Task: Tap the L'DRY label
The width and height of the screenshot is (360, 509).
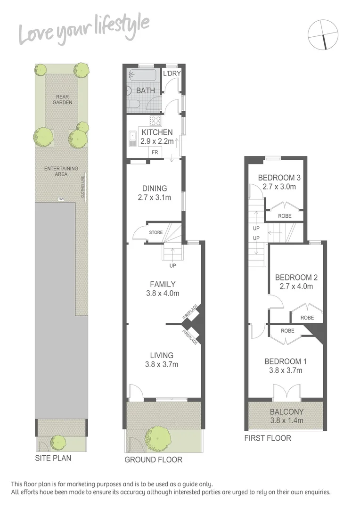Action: (171, 74)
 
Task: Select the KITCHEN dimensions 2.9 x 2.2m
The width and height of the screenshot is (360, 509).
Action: (157, 141)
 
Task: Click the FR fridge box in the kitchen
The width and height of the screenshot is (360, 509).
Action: (154, 152)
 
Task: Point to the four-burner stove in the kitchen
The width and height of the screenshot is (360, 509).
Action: (156, 120)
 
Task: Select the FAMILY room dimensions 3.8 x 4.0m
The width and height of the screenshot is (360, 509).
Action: (163, 293)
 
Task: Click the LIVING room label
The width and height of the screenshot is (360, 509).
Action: (162, 355)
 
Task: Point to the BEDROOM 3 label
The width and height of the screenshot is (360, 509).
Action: (279, 178)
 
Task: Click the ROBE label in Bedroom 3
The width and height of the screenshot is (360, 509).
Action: (285, 216)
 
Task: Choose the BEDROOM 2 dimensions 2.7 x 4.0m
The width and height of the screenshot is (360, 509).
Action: (296, 286)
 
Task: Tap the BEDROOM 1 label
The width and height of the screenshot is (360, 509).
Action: (286, 361)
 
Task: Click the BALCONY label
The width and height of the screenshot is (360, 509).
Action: (286, 411)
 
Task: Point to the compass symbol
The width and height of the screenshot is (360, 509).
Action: (323, 34)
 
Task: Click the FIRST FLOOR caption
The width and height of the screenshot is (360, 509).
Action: (268, 438)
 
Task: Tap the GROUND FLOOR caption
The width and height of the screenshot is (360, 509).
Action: (153, 460)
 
